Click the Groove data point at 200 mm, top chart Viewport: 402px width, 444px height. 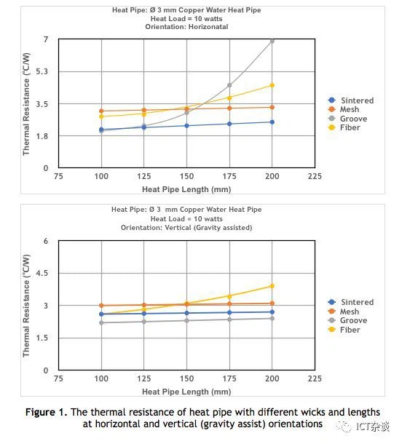coord(272,41)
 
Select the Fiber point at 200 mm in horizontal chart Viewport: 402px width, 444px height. coord(272,85)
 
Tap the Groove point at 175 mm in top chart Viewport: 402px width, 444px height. coord(229,85)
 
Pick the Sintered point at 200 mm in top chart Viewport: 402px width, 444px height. coord(272,122)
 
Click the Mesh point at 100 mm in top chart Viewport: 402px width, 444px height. coord(101,111)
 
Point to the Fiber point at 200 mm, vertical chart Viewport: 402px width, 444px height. coord(272,286)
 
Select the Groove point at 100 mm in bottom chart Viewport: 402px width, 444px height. coord(101,322)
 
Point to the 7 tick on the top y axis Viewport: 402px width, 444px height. coord(45,39)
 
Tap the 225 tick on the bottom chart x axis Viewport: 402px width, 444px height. coord(315,379)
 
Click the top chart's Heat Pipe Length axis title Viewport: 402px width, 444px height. coord(186,189)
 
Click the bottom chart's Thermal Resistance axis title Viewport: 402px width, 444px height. coord(26,306)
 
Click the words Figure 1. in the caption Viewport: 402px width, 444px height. coord(47,412)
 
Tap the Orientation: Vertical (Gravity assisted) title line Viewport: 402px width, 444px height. coord(186,228)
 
